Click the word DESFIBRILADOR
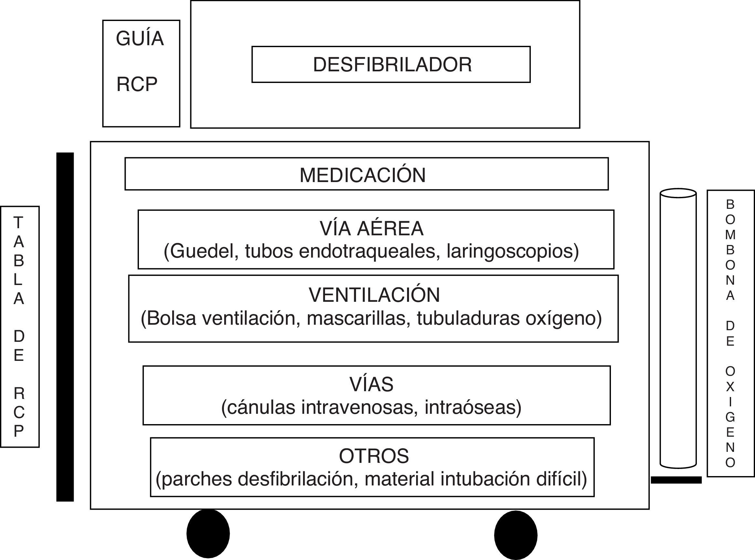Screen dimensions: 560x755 [x=392, y=65]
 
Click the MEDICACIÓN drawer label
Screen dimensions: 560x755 [x=362, y=175]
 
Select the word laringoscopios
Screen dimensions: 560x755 [x=512, y=251]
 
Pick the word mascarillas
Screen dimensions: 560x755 [x=356, y=318]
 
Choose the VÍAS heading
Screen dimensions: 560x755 [x=371, y=384]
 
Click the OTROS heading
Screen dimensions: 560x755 [x=373, y=456]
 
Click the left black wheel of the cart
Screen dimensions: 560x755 [x=208, y=534]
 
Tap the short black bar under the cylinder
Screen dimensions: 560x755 [x=676, y=480]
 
